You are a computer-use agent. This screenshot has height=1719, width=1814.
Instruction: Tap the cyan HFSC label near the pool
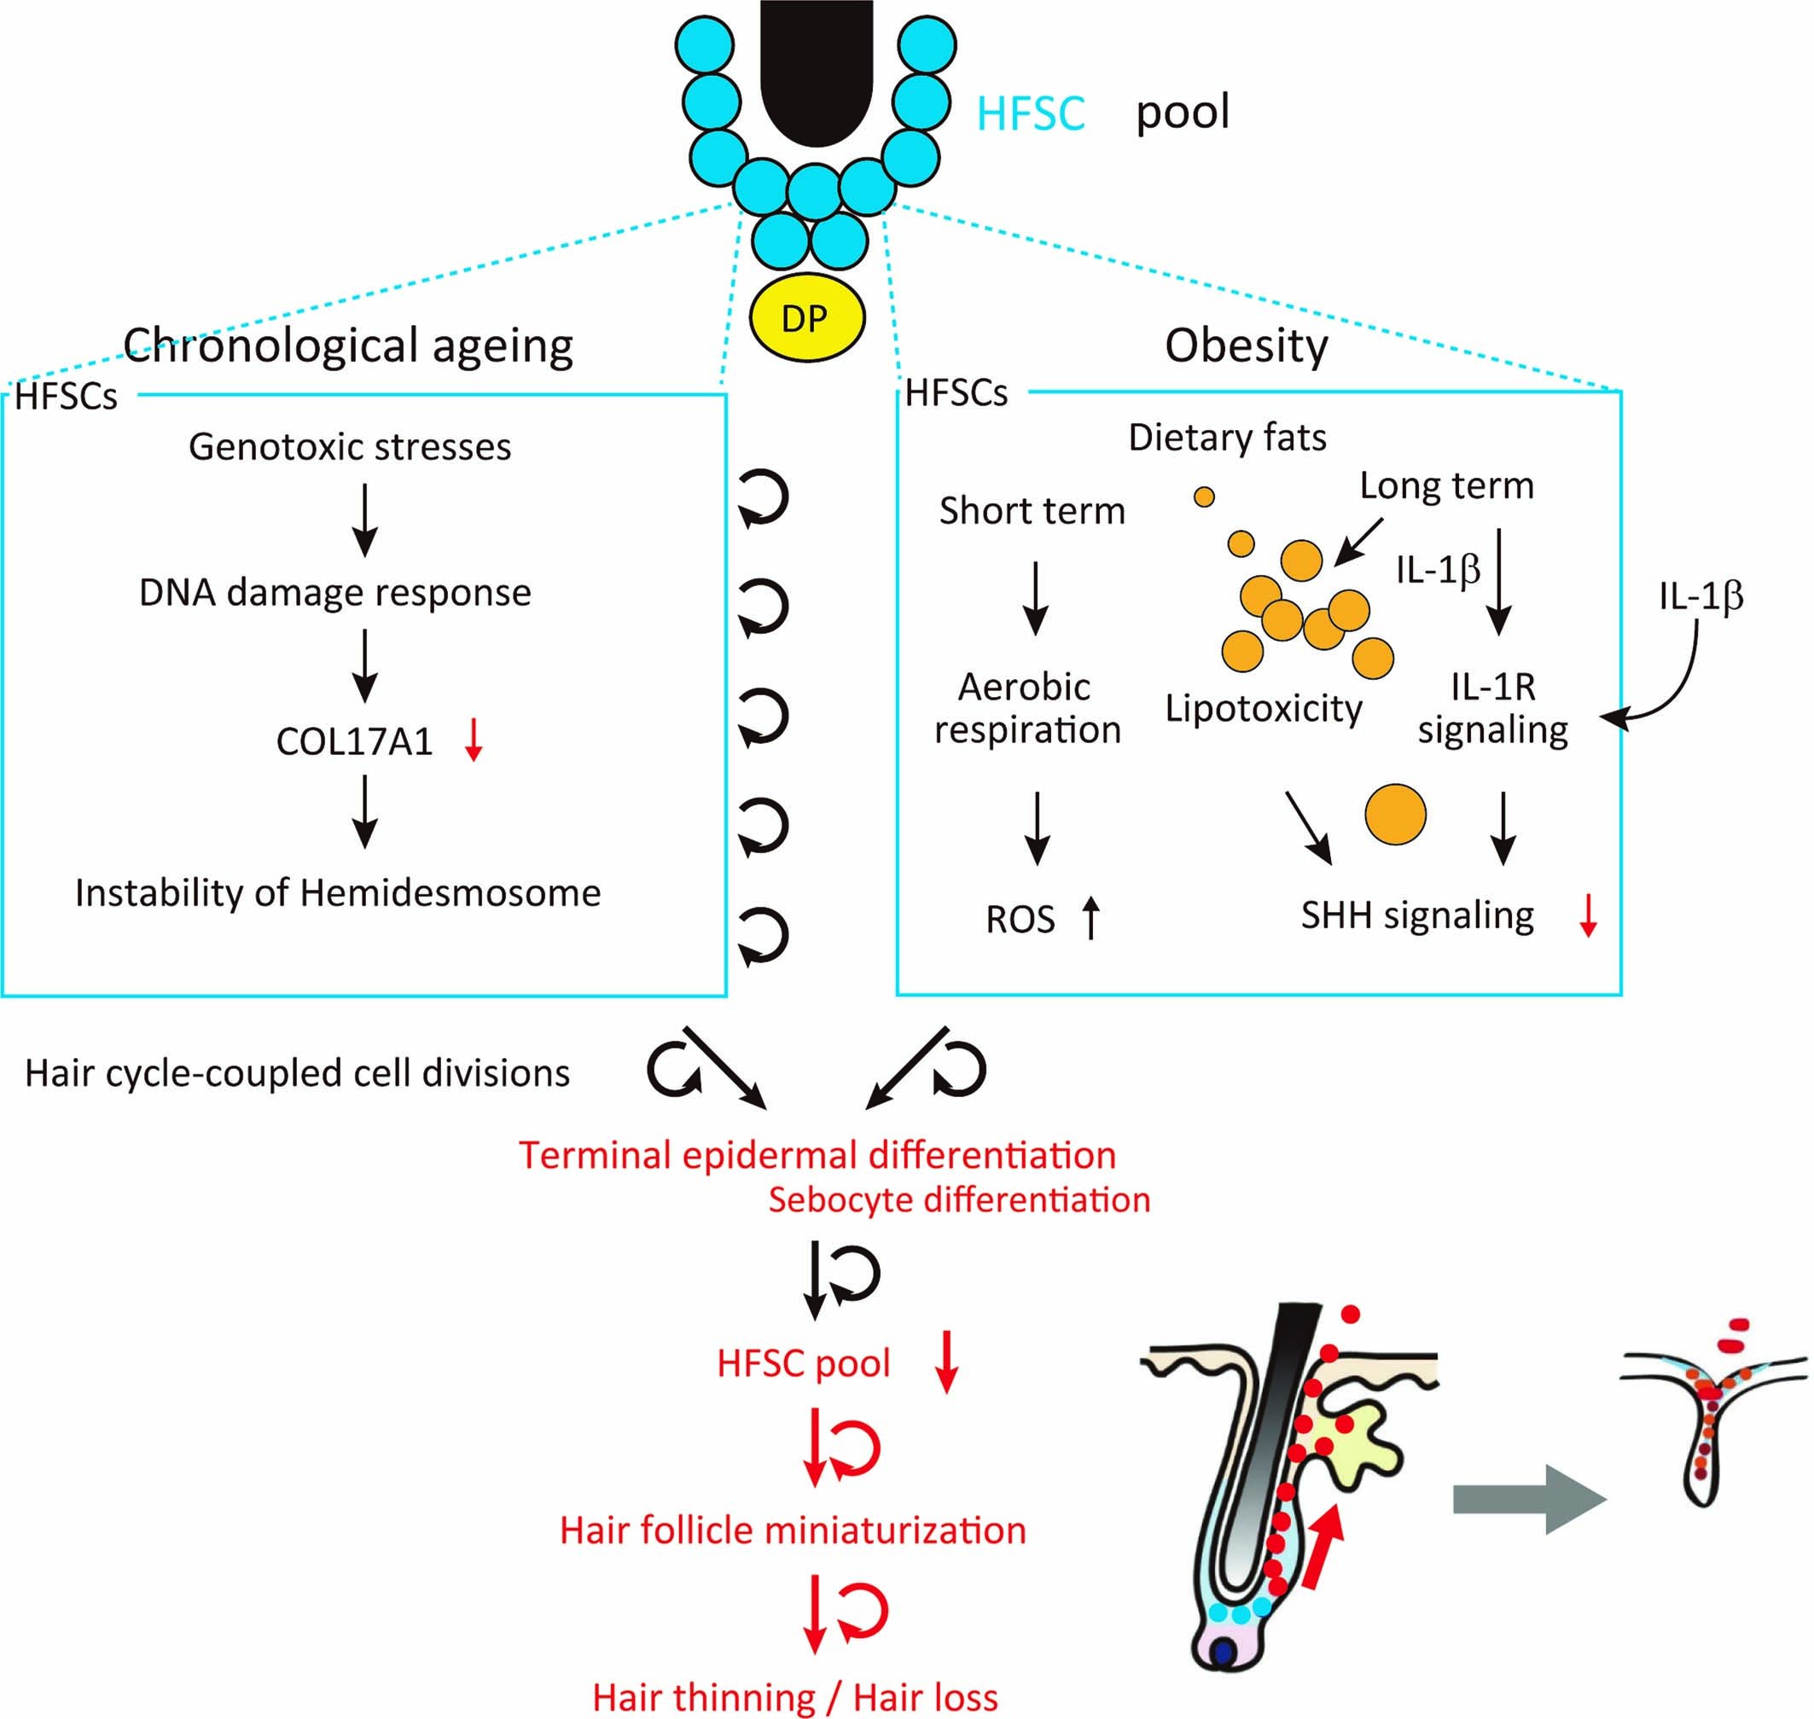(1030, 113)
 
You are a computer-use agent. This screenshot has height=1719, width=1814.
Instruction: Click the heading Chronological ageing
(348, 346)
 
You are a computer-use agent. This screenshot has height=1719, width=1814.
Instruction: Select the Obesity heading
(1246, 346)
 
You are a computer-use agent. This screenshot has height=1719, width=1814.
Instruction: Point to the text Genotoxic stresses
(350, 447)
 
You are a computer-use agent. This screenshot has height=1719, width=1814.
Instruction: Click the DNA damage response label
(334, 592)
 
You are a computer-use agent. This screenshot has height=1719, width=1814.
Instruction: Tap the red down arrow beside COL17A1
(473, 740)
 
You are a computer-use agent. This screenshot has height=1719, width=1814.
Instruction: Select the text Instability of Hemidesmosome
(337, 892)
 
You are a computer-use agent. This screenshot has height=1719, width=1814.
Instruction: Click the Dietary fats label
(1227, 437)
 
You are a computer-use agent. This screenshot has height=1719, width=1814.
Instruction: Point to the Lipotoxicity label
(1263, 708)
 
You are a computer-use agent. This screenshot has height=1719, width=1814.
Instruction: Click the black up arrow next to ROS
(1090, 917)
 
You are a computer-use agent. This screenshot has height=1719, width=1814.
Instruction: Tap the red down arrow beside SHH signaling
(1588, 915)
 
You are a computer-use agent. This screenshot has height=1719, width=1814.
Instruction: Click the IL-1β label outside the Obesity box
(1701, 596)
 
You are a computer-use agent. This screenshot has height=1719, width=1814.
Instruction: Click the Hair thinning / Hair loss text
(794, 1697)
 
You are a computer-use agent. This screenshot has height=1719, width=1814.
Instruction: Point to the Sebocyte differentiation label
(959, 1199)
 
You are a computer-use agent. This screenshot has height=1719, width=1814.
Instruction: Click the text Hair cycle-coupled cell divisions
(297, 1073)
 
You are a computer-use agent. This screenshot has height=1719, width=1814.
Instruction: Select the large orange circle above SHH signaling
(1395, 814)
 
